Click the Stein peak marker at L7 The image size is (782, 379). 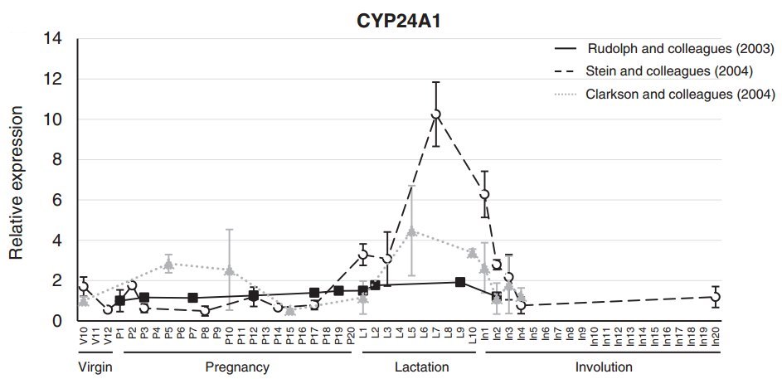[x=436, y=114]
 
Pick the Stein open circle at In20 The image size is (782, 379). [x=716, y=296]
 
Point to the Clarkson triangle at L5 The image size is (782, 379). [x=411, y=231]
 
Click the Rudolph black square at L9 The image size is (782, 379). [x=460, y=282]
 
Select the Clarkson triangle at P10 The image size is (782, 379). [x=229, y=270]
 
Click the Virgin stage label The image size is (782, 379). [x=95, y=367]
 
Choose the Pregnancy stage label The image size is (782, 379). [x=236, y=367]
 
